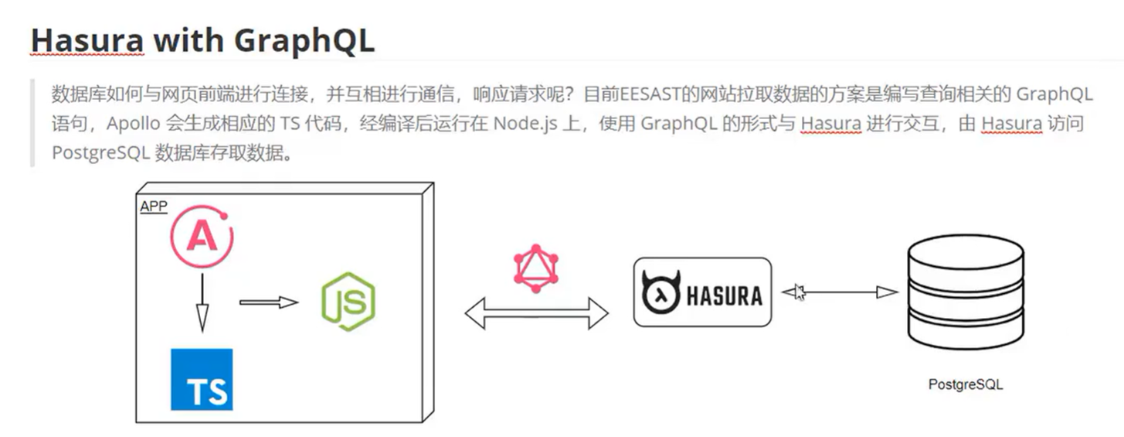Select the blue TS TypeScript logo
(202, 379)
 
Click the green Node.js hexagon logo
(348, 302)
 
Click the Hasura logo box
(702, 292)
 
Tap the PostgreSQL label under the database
(966, 384)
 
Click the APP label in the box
(154, 207)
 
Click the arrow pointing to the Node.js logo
(268, 302)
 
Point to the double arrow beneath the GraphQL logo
(536, 313)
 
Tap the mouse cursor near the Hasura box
(798, 292)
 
